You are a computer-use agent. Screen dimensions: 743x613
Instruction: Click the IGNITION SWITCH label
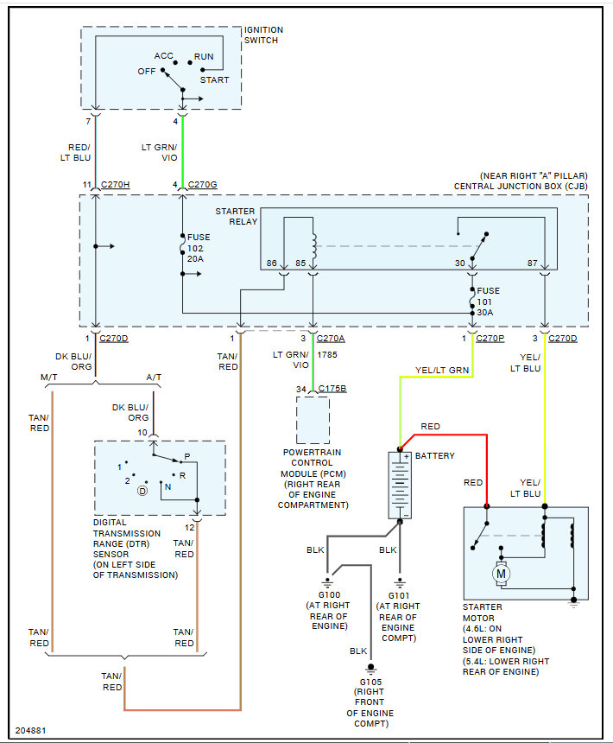point(263,35)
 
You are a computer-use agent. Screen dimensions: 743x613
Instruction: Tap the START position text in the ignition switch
point(214,80)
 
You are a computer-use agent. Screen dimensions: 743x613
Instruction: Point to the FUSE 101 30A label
point(489,300)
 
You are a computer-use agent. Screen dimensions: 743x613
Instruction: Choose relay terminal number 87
point(533,263)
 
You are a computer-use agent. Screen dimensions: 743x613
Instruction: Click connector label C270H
point(116,185)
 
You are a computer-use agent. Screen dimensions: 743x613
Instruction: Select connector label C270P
point(490,338)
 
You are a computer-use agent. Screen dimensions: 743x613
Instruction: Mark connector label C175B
point(332,389)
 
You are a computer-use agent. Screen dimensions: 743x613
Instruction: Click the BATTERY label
point(435,455)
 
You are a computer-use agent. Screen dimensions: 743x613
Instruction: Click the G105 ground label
point(370,682)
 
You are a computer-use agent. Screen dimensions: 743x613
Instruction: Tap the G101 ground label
point(398,595)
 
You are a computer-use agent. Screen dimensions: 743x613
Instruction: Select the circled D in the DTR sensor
point(142,491)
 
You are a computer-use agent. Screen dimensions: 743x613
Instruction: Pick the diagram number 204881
point(30,730)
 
